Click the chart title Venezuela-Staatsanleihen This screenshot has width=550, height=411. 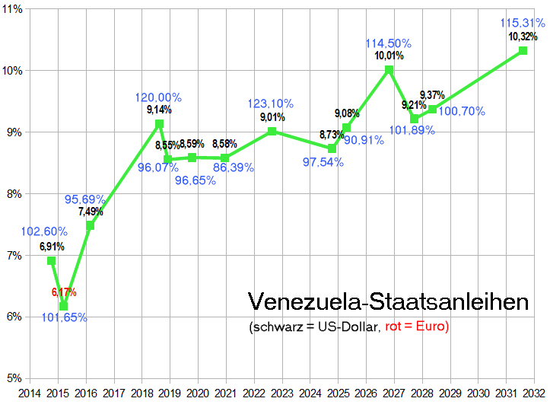pos(388,302)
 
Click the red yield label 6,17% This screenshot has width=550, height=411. pos(64,292)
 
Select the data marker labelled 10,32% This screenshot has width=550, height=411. pos(523,50)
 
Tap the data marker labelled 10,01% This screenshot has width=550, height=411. pos(389,69)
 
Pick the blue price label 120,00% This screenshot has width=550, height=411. pos(158,97)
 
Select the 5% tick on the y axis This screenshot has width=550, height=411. pos(13,378)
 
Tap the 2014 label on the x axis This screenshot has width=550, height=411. pos(30,393)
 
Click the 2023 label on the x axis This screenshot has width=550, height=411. pos(282,393)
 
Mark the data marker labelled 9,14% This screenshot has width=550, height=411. pos(159,123)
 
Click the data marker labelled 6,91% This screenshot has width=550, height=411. pos(52,260)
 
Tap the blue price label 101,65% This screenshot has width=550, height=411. pos(64,317)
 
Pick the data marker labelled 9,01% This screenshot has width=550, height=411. pos(272,131)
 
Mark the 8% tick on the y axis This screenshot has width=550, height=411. pos(13,194)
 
